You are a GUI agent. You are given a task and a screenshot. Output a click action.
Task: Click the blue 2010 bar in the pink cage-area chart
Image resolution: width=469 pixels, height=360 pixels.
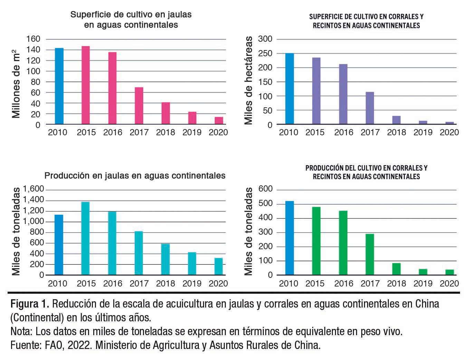(x=59, y=86)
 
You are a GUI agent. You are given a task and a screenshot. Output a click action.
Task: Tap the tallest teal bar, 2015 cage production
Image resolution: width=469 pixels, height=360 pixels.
(x=85, y=239)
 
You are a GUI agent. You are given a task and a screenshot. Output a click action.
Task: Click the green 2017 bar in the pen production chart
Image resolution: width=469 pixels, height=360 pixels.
(x=370, y=255)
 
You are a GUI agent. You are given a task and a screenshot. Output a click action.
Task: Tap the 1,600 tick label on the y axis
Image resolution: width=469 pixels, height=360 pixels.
(x=33, y=189)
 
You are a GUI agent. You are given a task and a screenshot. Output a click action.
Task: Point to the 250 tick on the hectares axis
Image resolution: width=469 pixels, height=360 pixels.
(x=265, y=53)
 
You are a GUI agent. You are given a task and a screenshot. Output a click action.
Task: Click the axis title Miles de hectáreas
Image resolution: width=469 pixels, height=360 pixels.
(x=248, y=80)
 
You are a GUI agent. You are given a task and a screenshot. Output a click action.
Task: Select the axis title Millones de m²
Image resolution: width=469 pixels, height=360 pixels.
(x=16, y=82)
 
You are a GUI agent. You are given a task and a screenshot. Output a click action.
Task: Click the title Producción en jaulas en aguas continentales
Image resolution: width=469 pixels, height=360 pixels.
(x=135, y=176)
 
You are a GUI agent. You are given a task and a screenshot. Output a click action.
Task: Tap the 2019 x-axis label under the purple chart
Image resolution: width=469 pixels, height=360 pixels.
(x=422, y=132)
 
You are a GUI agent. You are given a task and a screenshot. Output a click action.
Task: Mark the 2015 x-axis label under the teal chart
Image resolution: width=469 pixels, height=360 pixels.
(x=86, y=284)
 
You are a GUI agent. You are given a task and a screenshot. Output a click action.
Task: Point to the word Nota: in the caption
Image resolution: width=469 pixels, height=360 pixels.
(x=22, y=332)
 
